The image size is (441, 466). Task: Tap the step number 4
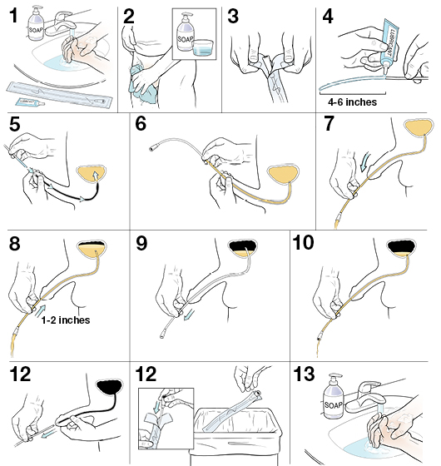click(x=329, y=16)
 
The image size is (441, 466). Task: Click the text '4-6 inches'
click(x=349, y=102)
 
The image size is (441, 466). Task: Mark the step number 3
click(x=233, y=16)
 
